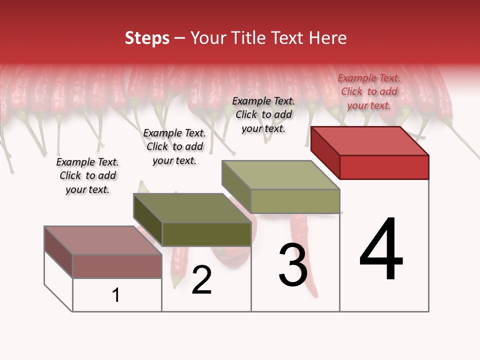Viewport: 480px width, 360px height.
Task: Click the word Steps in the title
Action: pos(147,38)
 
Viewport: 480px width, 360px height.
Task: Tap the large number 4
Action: pos(381,250)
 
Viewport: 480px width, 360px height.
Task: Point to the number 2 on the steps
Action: pos(201,280)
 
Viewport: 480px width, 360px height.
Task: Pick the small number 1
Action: pos(116,295)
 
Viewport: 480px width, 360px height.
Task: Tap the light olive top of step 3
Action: pos(281,175)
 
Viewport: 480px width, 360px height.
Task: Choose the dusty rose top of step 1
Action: pos(103,240)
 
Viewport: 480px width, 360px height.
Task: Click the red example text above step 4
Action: pos(369,91)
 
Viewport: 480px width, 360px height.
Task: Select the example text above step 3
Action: pos(263,114)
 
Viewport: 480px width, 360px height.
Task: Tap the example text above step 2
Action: pos(174,146)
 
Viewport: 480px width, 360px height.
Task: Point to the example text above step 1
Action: pos(87,175)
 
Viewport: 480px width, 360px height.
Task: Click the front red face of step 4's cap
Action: pos(384,167)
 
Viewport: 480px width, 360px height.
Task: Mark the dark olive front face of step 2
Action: pos(206,234)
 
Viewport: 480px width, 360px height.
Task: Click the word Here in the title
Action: pos(328,38)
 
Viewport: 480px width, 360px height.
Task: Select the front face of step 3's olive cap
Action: pos(295,201)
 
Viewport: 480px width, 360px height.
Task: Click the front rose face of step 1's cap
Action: pos(117,266)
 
